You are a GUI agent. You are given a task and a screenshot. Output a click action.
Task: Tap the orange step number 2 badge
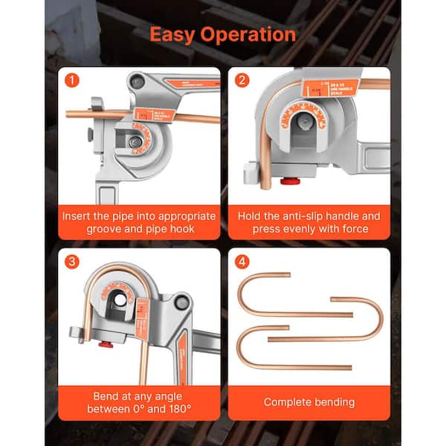pyautogui.click(x=242, y=80)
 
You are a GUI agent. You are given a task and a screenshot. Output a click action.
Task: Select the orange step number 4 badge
pyautogui.click(x=242, y=261)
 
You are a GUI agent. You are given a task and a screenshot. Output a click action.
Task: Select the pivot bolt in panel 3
pyautogui.click(x=181, y=303)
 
